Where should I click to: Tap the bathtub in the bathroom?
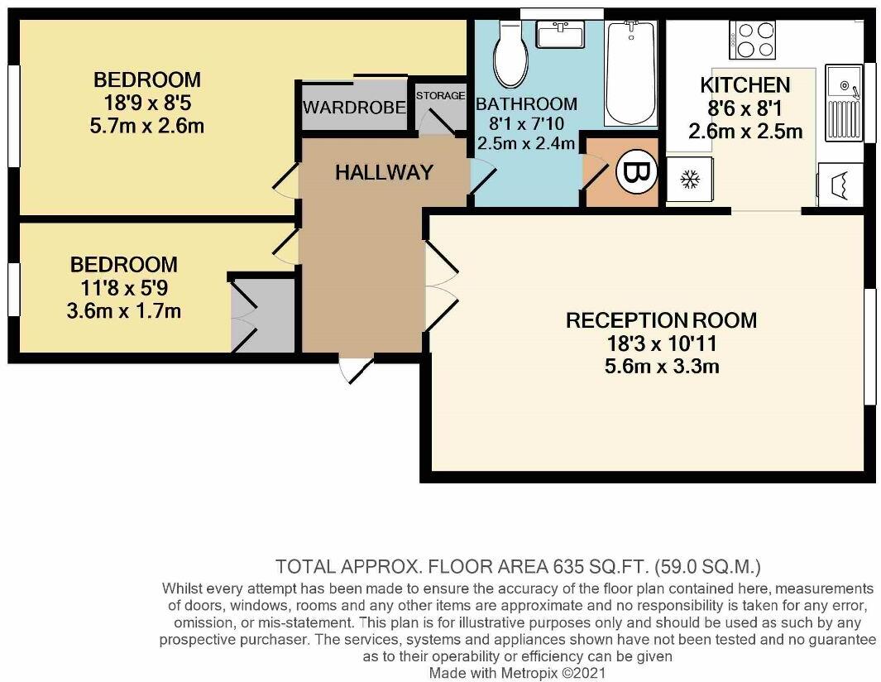(630, 73)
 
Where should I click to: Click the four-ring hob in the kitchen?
(752, 40)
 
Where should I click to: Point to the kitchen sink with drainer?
(844, 103)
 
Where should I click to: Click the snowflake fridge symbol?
(689, 180)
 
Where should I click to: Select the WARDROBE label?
(354, 107)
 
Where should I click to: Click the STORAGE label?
(440, 95)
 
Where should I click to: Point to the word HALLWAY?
(385, 172)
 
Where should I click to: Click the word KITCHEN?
(745, 85)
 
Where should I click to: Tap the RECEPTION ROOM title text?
(661, 320)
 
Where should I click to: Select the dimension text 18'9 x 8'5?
(146, 103)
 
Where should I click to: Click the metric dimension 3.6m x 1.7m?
(123, 311)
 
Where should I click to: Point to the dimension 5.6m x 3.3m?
(662, 367)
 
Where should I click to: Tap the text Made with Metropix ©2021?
(518, 672)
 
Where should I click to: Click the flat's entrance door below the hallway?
(357, 369)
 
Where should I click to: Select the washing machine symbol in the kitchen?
(840, 185)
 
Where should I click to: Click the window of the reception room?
(870, 346)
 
